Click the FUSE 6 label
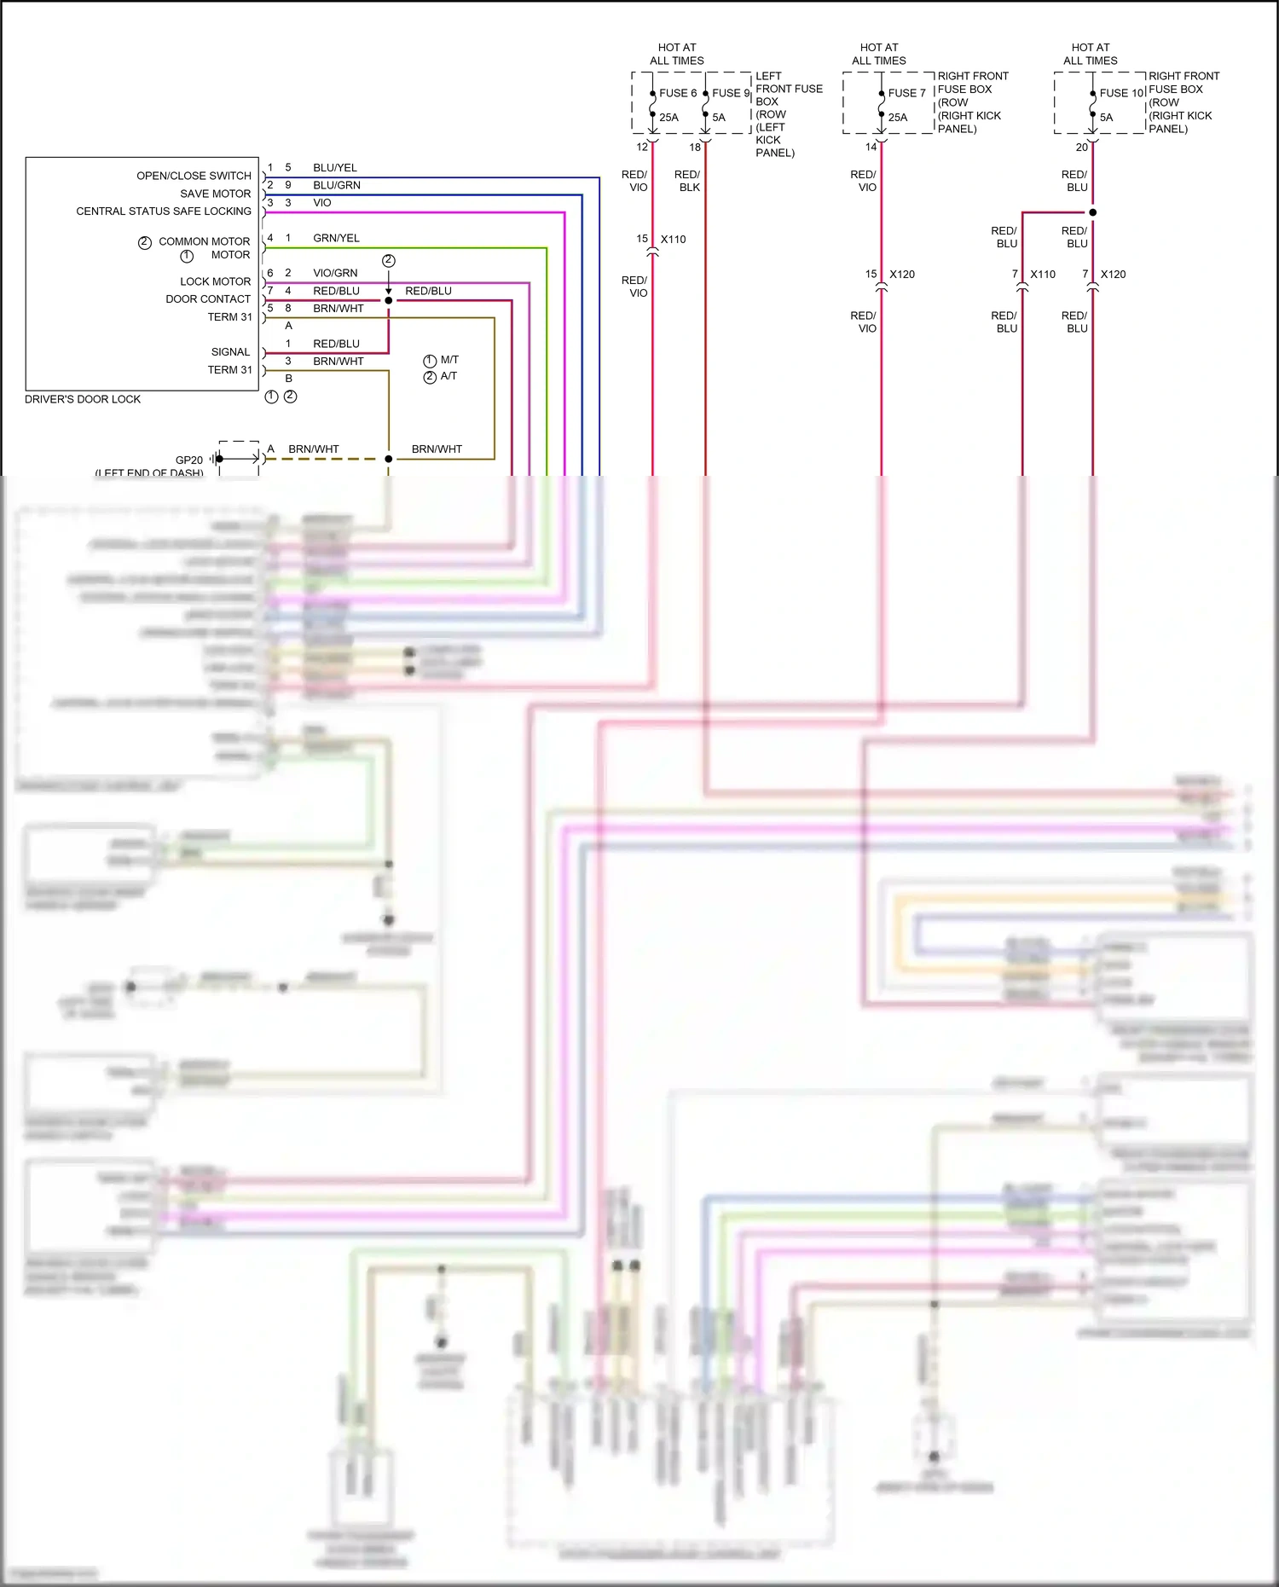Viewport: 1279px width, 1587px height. click(677, 93)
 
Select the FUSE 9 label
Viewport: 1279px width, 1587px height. click(730, 93)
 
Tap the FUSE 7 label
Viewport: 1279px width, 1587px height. click(906, 93)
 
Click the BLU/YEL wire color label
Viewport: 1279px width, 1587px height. click(334, 168)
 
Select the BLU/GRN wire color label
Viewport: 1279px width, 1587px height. click(336, 185)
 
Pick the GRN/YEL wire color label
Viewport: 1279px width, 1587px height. click(336, 238)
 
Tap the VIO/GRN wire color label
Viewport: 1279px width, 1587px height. click(335, 273)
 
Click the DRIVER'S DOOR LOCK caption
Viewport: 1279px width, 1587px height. click(82, 399)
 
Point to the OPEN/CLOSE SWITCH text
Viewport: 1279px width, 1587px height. click(194, 176)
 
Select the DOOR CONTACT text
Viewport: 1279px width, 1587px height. click(208, 299)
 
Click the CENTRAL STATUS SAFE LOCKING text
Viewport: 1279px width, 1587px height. click(164, 211)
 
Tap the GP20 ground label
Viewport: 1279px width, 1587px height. click(189, 460)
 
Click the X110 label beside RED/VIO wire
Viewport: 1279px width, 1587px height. click(673, 240)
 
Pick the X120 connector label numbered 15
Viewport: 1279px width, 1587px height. click(901, 275)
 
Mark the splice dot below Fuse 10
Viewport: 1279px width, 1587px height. click(1092, 212)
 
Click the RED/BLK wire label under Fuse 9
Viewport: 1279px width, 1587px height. click(688, 181)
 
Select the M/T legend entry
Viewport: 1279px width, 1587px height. click(449, 360)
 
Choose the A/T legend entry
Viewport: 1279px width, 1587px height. click(449, 376)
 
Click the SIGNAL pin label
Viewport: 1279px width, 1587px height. click(230, 352)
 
